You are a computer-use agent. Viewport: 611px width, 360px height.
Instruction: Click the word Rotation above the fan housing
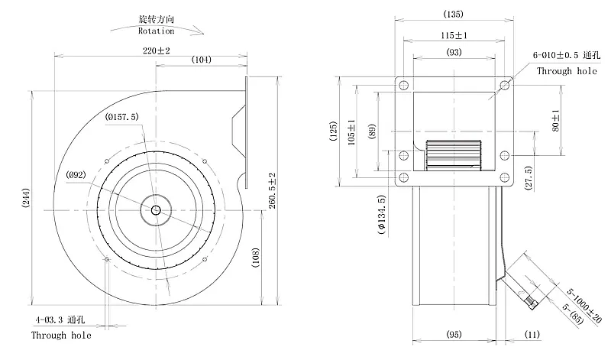tap(156, 31)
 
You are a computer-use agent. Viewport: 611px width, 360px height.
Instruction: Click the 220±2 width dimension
tap(157, 50)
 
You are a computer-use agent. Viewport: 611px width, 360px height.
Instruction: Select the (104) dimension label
tap(202, 60)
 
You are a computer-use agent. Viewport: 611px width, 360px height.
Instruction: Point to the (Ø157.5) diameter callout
tap(121, 117)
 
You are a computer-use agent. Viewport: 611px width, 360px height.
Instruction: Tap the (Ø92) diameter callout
tap(76, 175)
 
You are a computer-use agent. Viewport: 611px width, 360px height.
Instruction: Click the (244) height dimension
tap(25, 198)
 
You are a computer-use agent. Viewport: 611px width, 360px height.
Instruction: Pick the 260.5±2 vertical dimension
tap(272, 191)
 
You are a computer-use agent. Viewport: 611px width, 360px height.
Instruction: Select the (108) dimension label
tap(255, 258)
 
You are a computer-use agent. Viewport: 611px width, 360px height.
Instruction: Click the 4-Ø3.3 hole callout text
tap(60, 319)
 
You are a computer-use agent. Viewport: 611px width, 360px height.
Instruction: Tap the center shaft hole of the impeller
tap(156, 210)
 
